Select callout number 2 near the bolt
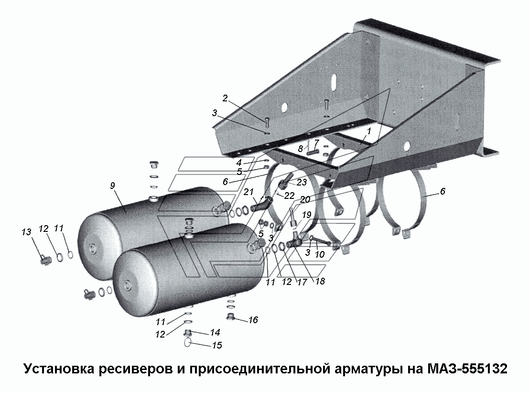225,98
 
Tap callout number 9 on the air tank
113,186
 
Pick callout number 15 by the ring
216,345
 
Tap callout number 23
301,182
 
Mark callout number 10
320,255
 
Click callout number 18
320,282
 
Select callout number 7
316,142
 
